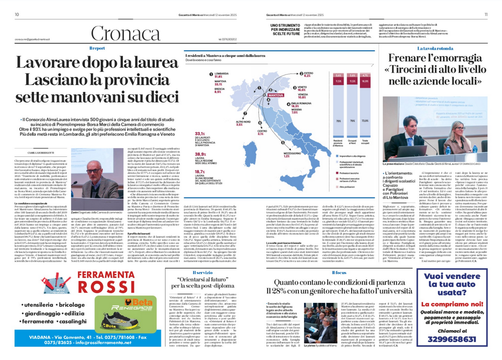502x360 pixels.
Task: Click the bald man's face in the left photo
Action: (x=91, y=172)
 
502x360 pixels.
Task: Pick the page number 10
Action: (x=17, y=15)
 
